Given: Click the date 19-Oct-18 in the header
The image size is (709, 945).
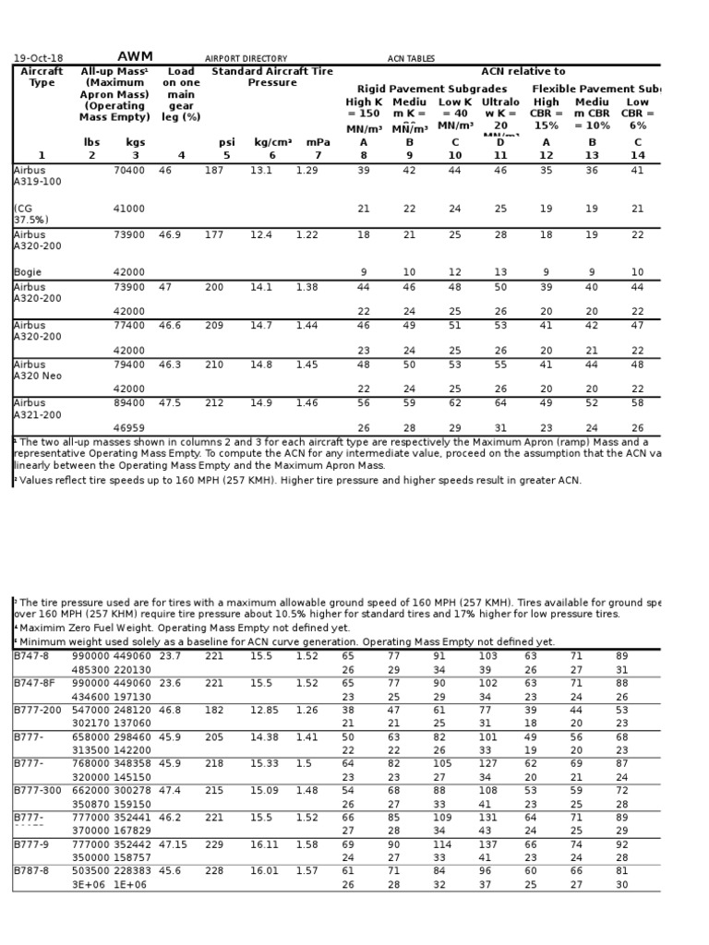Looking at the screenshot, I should [x=38, y=58].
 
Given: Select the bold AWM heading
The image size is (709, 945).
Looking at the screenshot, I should [x=135, y=57].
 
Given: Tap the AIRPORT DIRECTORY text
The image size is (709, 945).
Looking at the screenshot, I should [x=246, y=59].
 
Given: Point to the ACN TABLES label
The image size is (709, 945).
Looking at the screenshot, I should [x=411, y=59].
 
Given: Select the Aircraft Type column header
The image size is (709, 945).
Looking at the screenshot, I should [x=41, y=77].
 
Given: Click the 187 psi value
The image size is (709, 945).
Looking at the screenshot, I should [x=213, y=171].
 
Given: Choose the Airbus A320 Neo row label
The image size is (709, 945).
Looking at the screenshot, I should [x=36, y=370].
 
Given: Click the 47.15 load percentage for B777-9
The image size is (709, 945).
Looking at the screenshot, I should [x=173, y=844].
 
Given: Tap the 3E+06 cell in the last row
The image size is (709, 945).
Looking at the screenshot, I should [x=86, y=884].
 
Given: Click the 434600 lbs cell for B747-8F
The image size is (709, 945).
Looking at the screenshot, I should [x=90, y=698].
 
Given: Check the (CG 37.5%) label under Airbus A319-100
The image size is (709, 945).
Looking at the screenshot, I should [x=31, y=215].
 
